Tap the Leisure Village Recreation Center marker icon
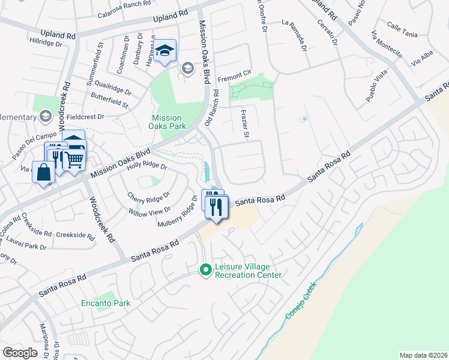click(206, 271)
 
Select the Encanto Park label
click(106, 303)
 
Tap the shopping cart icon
click(74, 160)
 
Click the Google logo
click(20, 353)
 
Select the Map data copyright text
click(423, 355)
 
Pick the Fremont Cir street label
click(234, 76)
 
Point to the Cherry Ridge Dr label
click(149, 196)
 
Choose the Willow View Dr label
click(149, 211)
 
